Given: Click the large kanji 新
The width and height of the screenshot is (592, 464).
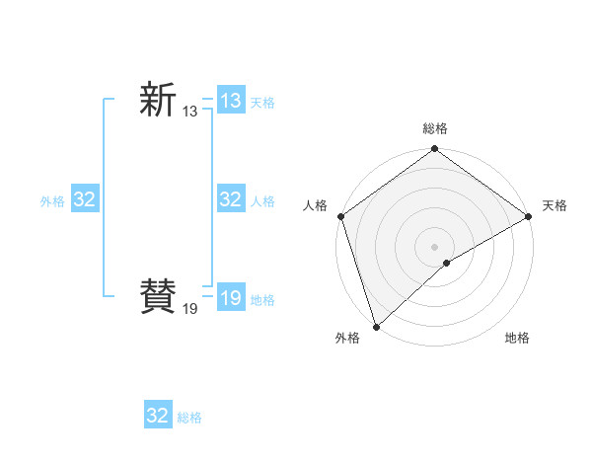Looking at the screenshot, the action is click(158, 101).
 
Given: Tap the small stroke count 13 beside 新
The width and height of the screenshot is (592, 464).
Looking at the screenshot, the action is click(189, 113).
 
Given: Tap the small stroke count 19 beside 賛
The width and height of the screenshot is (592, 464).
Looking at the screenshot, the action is click(189, 309).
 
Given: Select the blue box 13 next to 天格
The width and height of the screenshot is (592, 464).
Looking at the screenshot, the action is click(230, 101).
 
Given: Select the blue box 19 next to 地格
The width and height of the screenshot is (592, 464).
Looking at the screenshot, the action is click(230, 297).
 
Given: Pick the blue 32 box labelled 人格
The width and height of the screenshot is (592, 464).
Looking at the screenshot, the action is click(230, 199).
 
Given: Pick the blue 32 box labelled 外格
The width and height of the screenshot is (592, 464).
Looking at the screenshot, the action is click(84, 199).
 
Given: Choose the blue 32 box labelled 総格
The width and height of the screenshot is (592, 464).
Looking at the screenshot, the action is click(157, 416).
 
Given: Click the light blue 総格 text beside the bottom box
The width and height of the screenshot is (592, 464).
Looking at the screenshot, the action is click(189, 418).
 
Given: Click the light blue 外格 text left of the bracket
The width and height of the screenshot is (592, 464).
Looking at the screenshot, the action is click(52, 201).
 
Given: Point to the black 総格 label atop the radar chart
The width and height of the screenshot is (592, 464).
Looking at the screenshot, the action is click(435, 129).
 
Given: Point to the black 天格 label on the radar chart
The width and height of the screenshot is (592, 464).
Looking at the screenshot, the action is click(555, 205).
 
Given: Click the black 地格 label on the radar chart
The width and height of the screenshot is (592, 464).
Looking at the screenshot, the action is click(517, 339).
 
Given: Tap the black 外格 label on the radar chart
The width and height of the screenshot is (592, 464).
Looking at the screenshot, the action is click(347, 339).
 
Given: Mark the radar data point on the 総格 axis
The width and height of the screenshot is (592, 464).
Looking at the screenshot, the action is click(435, 150).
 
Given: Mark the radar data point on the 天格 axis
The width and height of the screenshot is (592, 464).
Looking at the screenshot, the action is click(529, 216).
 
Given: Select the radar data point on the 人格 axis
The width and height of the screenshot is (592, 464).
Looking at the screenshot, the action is click(341, 216).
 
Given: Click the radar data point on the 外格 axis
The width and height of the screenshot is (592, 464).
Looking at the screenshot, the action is click(376, 327).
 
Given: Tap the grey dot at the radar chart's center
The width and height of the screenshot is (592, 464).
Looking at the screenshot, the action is click(435, 247).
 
